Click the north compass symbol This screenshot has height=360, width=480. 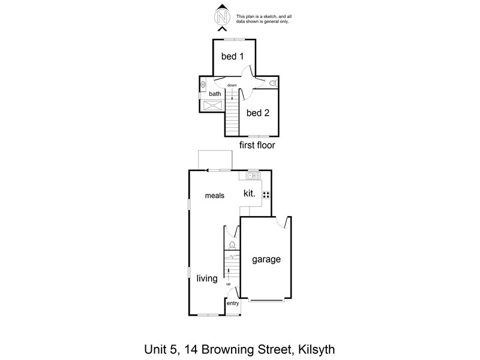222,17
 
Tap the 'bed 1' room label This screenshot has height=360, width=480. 232,56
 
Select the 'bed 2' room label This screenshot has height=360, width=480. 258,113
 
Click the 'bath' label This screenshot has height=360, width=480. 215,94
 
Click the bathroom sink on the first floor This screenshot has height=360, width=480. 203,85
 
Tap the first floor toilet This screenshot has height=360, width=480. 274,83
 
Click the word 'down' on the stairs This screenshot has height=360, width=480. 232,85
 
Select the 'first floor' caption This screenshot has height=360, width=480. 257,145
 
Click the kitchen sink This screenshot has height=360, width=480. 253,176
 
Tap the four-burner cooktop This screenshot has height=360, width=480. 266,195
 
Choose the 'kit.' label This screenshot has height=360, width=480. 249,193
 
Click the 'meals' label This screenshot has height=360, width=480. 215,196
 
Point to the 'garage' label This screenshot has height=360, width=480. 266,260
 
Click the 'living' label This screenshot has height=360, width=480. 207,278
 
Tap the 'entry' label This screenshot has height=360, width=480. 233,303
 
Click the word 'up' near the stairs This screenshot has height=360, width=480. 228,284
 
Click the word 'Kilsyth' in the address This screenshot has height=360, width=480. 317,349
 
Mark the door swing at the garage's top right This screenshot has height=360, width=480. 282,223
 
